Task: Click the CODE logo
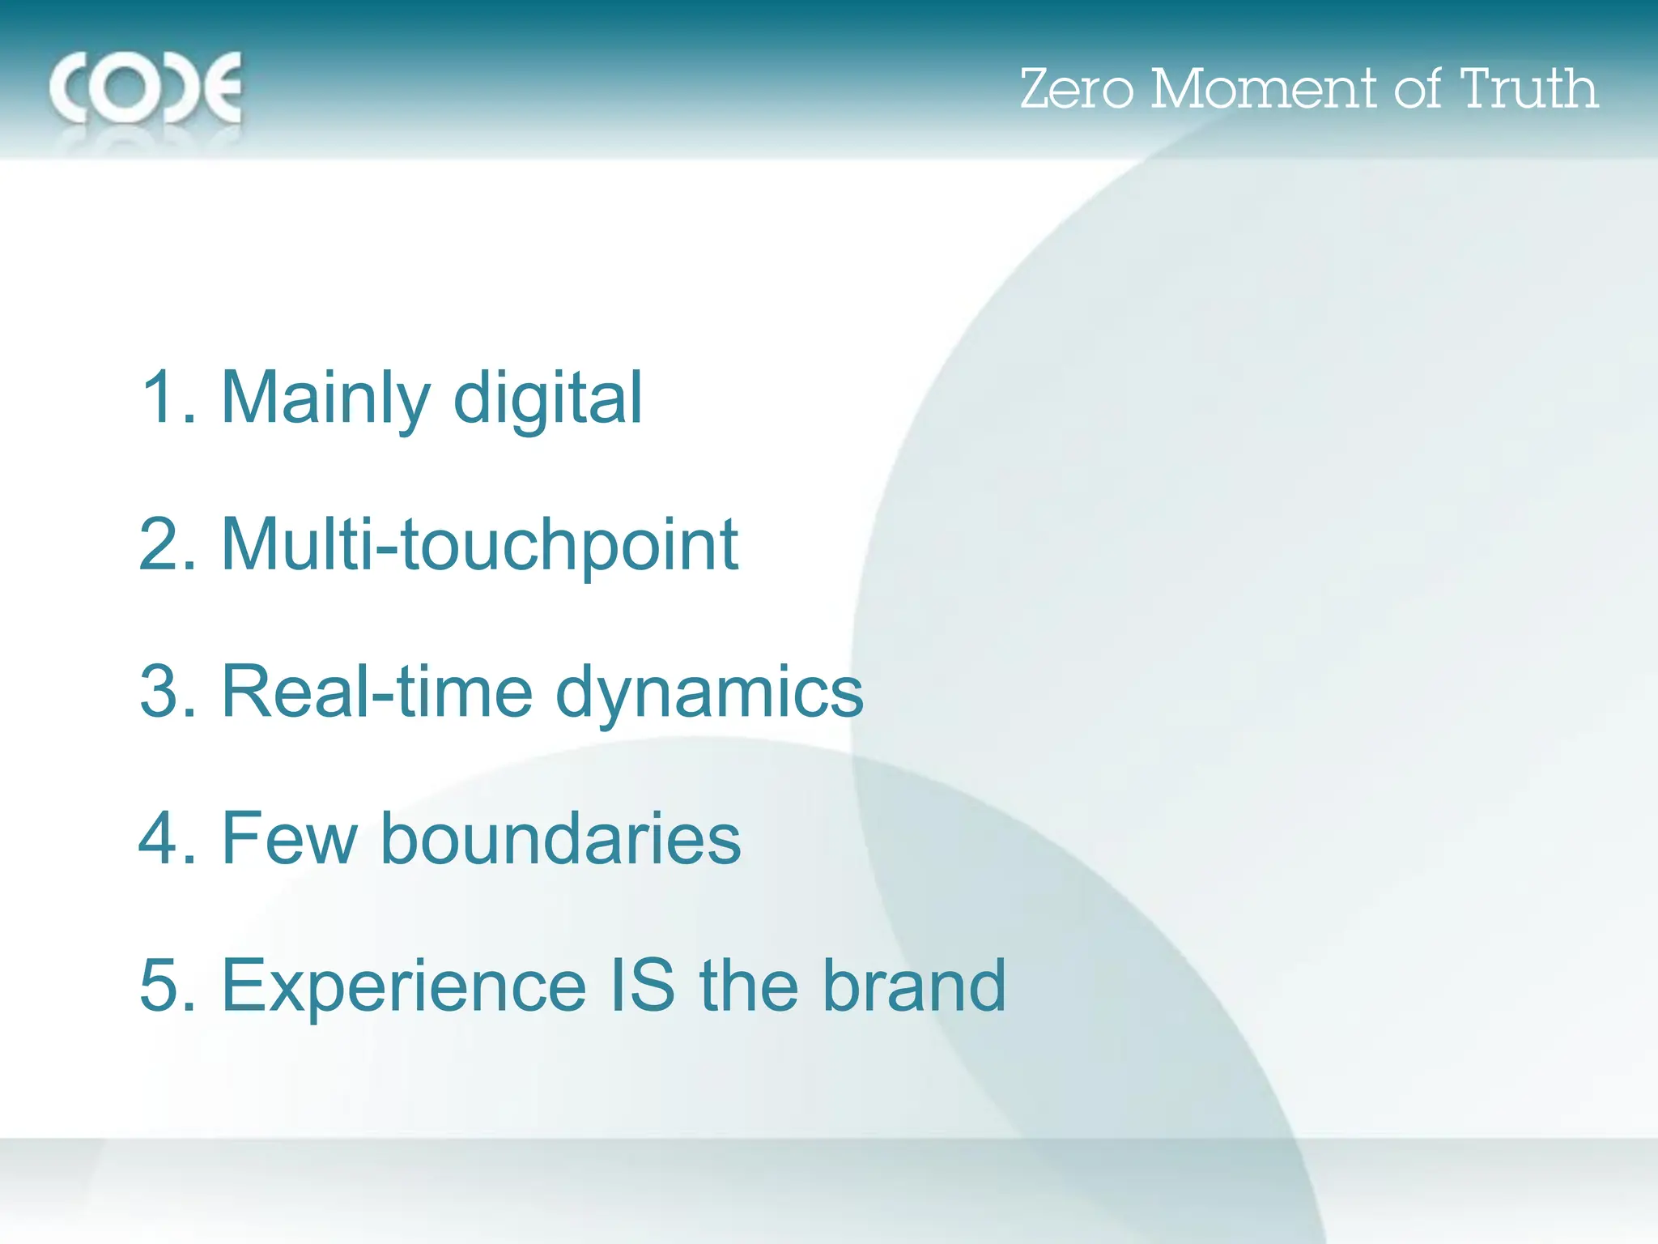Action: coord(146,88)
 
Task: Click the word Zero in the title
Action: coord(1076,89)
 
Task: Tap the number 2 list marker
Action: coord(167,544)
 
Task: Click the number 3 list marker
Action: coord(167,692)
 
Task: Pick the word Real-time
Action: coord(376,692)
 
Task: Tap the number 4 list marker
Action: coord(167,838)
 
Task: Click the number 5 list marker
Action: coord(167,986)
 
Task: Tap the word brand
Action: coord(914,986)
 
